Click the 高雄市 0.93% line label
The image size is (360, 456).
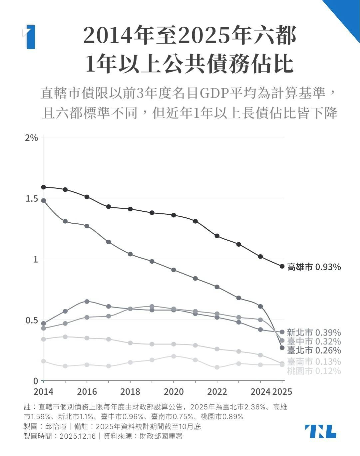pyautogui.click(x=314, y=267)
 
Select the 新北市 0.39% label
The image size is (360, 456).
pyautogui.click(x=314, y=333)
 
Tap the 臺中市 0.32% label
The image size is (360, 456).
pyautogui.click(x=314, y=342)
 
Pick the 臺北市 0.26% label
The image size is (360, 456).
pyautogui.click(x=314, y=350)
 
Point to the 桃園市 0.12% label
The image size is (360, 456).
pyautogui.click(x=314, y=371)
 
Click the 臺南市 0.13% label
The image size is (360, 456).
pyautogui.click(x=314, y=361)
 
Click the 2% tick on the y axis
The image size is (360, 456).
pyautogui.click(x=32, y=137)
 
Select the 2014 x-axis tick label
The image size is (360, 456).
pyautogui.click(x=43, y=391)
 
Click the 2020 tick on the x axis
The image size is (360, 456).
pyautogui.click(x=174, y=391)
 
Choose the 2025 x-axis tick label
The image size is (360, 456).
pyautogui.click(x=282, y=391)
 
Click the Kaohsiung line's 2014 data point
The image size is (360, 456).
pyautogui.click(x=43, y=187)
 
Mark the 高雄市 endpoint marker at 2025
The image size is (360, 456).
pyautogui.click(x=282, y=266)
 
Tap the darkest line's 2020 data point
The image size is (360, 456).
pyautogui.click(x=174, y=215)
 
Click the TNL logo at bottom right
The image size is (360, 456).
pyautogui.click(x=320, y=431)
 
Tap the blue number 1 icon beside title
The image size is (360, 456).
pyautogui.click(x=30, y=37)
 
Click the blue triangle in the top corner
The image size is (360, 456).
pyautogui.click(x=346, y=13)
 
